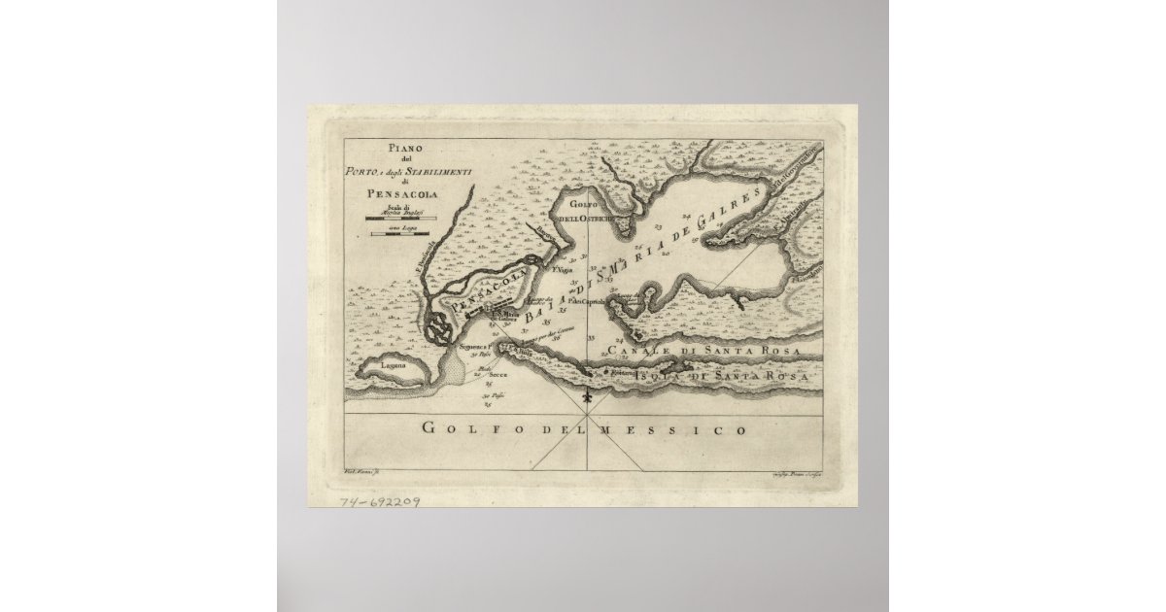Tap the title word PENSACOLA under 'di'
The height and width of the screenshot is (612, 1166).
[x=402, y=193]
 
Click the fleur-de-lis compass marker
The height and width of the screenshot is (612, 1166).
[x=586, y=398]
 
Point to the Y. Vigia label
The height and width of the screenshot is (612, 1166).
[x=558, y=272]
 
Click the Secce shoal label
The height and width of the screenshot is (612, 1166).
[x=498, y=374]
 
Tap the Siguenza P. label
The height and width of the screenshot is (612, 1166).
[x=474, y=346]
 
